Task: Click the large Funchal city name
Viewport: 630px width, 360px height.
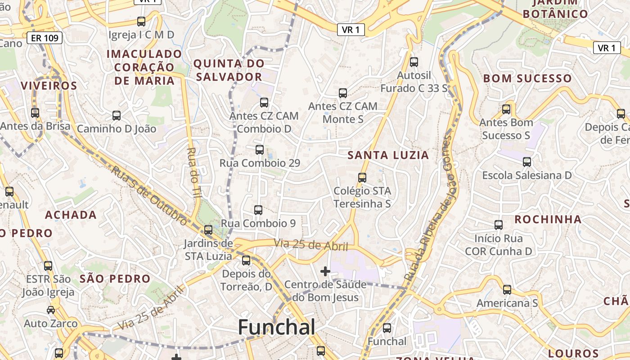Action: point(276,327)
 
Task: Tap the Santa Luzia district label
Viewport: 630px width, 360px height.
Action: point(388,156)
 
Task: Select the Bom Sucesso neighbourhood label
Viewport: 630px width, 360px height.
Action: point(527,79)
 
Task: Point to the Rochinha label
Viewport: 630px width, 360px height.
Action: point(548,220)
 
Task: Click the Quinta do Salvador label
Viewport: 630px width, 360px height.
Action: point(229,70)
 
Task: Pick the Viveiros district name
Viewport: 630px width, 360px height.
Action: point(49,86)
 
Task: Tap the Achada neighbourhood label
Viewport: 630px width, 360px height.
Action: point(71,215)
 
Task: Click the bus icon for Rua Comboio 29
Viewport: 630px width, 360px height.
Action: point(260,150)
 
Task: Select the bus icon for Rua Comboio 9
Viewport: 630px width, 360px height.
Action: point(258,210)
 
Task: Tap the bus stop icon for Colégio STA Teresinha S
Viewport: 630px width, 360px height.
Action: point(362,178)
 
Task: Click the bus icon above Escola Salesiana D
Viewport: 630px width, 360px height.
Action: point(527,162)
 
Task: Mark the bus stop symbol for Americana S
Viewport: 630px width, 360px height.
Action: point(507,290)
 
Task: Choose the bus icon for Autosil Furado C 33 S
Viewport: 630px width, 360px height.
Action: point(414,62)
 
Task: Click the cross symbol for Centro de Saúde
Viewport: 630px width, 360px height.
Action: point(325,271)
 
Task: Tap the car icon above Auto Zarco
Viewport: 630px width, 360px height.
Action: point(51,310)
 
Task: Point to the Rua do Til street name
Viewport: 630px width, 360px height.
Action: point(193,172)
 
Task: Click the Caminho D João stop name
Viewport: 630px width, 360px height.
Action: point(117,129)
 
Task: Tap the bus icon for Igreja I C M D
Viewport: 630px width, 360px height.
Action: point(141,22)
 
